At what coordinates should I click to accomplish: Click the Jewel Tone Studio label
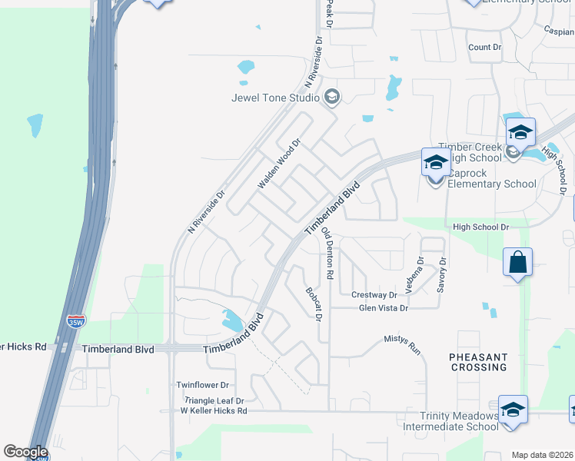coord(276,98)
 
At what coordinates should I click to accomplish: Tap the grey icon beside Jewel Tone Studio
coord(332,97)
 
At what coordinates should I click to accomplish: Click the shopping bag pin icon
coord(518,263)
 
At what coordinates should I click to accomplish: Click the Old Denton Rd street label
coord(328,253)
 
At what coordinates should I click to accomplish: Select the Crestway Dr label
coord(374,295)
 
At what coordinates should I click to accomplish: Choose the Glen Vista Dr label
coord(384,308)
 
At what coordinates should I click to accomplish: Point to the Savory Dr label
coord(442,274)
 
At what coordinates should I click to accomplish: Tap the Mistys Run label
coord(403,343)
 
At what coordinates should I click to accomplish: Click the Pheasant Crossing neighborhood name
coord(478,362)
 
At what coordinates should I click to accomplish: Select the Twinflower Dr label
coord(203,384)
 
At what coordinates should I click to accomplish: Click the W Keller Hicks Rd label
coord(214,411)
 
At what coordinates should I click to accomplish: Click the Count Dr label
coord(484,48)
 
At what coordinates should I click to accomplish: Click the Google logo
coord(25,452)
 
